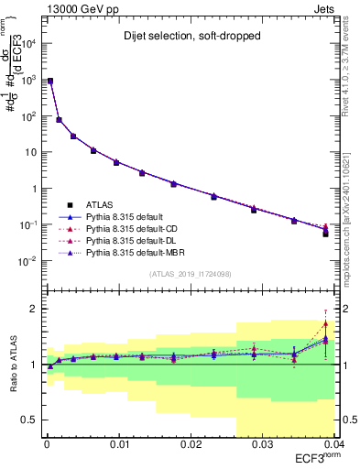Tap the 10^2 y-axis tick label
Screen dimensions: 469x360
pyautogui.click(x=31, y=116)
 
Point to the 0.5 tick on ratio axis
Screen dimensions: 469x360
pyautogui.click(x=31, y=420)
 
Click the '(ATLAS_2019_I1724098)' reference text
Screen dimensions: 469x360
pyautogui.click(x=191, y=273)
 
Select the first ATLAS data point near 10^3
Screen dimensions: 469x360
pyautogui.click(x=50, y=82)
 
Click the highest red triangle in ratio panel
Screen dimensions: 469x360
pyautogui.click(x=326, y=323)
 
